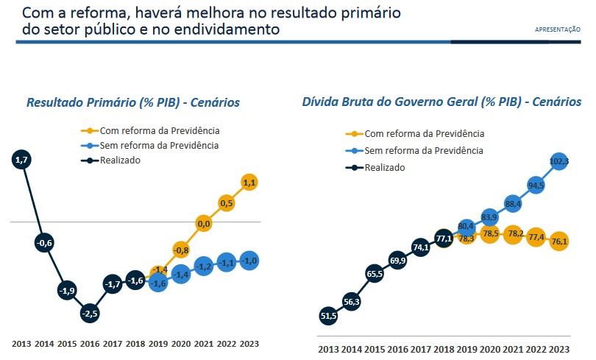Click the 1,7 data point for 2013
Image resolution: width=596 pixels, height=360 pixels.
21,159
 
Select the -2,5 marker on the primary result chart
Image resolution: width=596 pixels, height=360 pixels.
89,314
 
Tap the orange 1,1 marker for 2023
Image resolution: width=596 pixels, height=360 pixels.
249,183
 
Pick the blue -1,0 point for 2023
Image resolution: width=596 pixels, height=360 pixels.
249,260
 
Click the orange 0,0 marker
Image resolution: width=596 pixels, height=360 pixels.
204,223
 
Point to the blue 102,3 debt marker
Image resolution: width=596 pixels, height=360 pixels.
558,160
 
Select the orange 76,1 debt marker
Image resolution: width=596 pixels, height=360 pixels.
558,241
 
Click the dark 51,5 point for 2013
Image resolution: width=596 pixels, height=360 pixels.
329,316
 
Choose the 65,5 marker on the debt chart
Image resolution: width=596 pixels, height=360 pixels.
375,274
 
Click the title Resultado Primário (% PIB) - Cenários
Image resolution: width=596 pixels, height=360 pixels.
133,102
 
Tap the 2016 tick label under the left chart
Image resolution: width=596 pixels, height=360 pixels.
89,343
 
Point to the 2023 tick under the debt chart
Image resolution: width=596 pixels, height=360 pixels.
558,349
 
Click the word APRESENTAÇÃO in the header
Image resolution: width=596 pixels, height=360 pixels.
557,29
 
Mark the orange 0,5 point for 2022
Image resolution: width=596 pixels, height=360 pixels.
227,203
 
